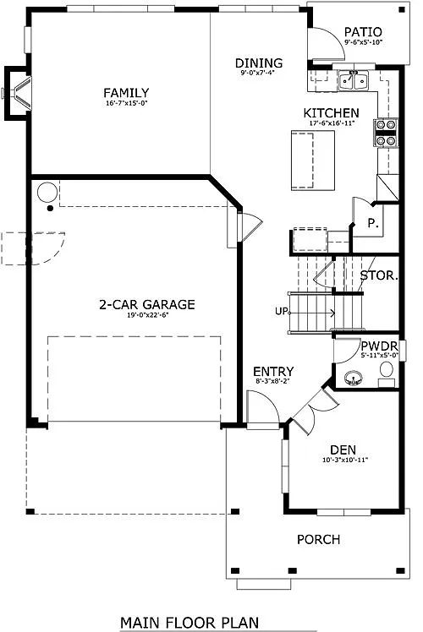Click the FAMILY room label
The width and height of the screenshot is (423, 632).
pos(126,93)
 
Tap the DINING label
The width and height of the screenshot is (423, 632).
pos(258,63)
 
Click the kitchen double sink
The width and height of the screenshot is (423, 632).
pos(354,81)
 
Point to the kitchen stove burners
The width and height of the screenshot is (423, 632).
pos(385,133)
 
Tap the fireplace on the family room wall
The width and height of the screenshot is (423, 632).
pos(18,92)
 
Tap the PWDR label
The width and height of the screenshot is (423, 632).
pos(374,346)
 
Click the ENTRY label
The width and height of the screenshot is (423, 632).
pos(273,372)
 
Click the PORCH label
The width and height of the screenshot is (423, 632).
pos(317,539)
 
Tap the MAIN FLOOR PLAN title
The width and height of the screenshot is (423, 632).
pos(189,622)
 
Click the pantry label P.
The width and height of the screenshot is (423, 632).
pos(371,224)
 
